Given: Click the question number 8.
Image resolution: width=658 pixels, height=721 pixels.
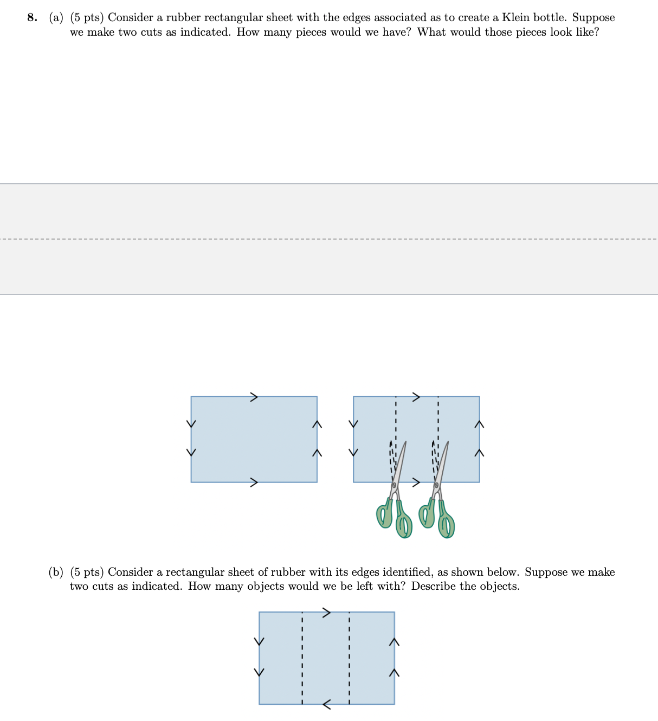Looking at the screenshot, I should point(33,18).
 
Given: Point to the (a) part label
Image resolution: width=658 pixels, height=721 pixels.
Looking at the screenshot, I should point(56,18).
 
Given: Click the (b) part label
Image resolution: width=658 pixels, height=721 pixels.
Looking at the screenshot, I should point(56,572).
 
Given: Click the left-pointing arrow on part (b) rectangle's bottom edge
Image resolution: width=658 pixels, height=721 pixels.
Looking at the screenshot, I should point(327,704).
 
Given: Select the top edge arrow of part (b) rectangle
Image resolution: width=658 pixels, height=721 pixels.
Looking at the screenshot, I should point(326,613).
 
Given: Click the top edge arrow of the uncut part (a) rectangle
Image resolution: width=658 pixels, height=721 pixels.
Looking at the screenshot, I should point(254,397).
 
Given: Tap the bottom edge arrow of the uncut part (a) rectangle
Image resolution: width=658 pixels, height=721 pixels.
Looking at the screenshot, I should point(254,482).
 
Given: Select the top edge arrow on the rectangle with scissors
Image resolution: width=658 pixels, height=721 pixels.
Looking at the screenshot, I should point(416,397).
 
